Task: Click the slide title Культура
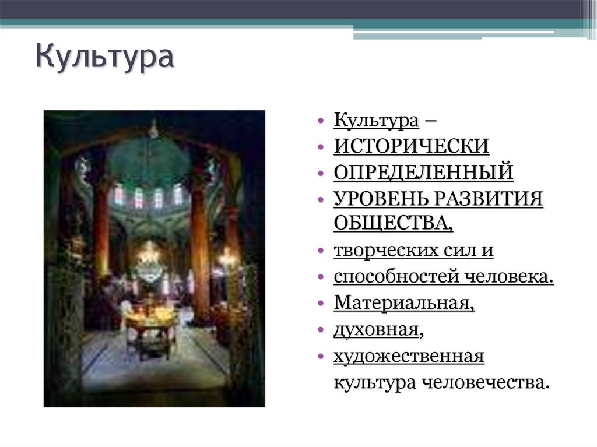104,58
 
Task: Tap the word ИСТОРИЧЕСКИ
412,146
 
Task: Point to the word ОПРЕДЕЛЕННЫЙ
423,173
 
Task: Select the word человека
509,277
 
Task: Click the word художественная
409,356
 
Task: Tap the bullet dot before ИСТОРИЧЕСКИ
321,147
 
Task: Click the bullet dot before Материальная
321,304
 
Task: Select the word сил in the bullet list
465,251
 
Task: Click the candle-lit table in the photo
150,318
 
